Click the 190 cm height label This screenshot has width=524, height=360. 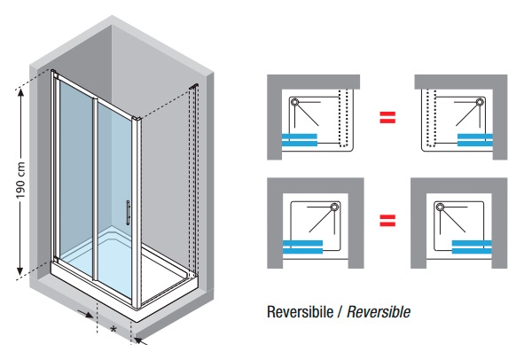20,180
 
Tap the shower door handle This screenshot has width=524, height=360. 128,212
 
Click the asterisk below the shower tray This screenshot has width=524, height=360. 113,329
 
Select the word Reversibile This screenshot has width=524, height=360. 300,311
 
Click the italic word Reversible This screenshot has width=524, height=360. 379,311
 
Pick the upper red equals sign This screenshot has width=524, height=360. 387,117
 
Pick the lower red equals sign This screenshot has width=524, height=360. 387,221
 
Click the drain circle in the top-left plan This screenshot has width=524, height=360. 294,102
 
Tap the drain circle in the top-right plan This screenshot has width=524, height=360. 481,102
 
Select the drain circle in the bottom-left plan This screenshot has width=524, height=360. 334,207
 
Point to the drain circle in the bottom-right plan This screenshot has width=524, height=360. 440,207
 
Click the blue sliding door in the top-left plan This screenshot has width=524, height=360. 300,140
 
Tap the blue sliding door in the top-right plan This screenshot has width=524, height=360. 475,140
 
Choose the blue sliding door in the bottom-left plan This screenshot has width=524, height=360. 302,247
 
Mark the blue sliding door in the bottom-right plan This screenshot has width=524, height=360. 472,247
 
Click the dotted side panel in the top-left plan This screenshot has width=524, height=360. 343,118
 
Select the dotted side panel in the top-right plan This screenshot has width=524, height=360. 432,118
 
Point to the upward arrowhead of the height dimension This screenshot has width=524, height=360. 20,93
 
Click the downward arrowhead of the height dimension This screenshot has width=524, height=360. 20,271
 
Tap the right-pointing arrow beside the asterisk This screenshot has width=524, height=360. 85,314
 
